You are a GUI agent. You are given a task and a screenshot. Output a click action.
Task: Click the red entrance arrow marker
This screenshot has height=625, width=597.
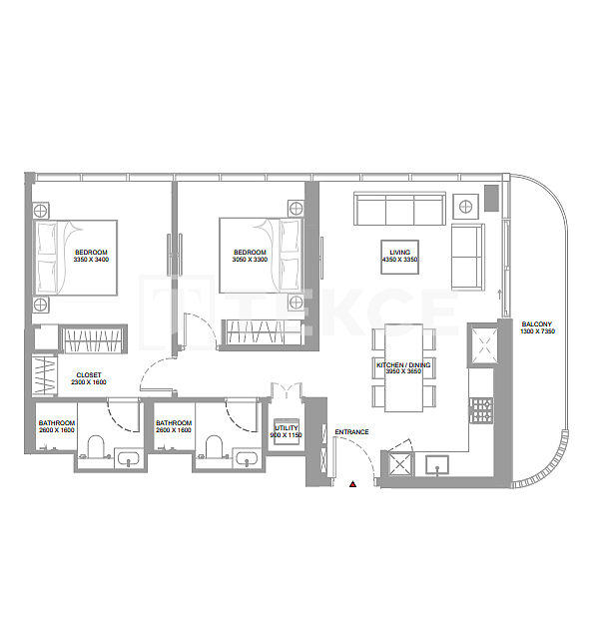(x=352, y=484)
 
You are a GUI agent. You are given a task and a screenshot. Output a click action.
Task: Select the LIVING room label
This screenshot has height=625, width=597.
(x=399, y=253)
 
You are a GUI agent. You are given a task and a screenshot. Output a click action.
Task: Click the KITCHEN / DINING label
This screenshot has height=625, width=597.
(x=403, y=366)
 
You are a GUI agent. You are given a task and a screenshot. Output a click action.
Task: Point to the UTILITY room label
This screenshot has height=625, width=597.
(x=286, y=426)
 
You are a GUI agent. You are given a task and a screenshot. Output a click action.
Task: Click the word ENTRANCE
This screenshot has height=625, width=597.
(x=351, y=432)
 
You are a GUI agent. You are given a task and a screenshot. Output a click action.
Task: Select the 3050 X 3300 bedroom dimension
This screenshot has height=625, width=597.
(x=250, y=260)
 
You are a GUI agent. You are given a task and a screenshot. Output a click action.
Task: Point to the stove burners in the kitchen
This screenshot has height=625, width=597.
(x=482, y=409)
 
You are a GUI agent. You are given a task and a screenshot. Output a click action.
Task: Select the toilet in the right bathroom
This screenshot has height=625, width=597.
(x=214, y=445)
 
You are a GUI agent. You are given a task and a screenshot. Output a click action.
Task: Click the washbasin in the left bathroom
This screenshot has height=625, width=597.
(x=129, y=459)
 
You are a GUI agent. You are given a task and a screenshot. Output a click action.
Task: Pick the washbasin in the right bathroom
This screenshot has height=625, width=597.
(x=246, y=459)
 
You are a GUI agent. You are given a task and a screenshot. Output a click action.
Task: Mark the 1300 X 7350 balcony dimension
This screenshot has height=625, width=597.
(x=536, y=332)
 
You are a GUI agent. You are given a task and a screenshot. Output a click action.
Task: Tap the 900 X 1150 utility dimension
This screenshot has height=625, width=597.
(x=286, y=434)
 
